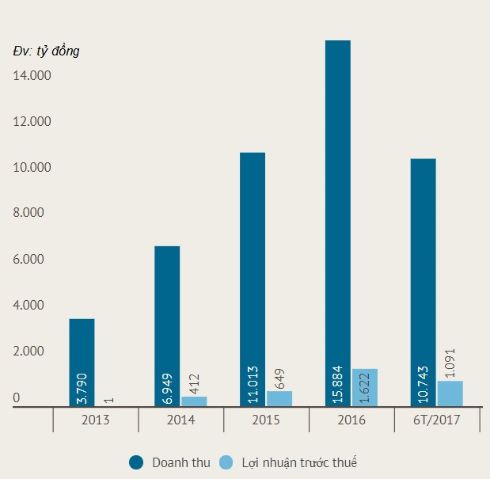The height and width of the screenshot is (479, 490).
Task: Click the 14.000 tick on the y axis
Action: coord(31,76)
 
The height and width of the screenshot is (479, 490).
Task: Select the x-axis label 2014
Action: coord(180,420)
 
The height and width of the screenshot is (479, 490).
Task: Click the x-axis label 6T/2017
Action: coord(437,420)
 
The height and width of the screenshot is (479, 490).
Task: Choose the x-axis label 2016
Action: coord(351,420)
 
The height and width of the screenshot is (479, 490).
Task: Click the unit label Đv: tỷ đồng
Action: coord(46,51)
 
